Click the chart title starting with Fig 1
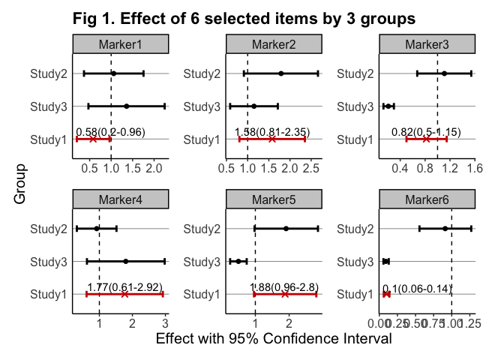[244, 18]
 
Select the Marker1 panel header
[120, 45]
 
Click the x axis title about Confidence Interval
[274, 339]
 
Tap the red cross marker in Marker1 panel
[93, 139]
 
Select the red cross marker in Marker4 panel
[124, 295]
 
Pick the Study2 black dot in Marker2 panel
[280, 73]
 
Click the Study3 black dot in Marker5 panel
[238, 261]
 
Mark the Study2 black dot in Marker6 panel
[445, 228]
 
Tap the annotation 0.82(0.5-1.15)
[426, 132]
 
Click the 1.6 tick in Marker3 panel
[474, 169]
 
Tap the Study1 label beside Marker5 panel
[202, 295]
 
